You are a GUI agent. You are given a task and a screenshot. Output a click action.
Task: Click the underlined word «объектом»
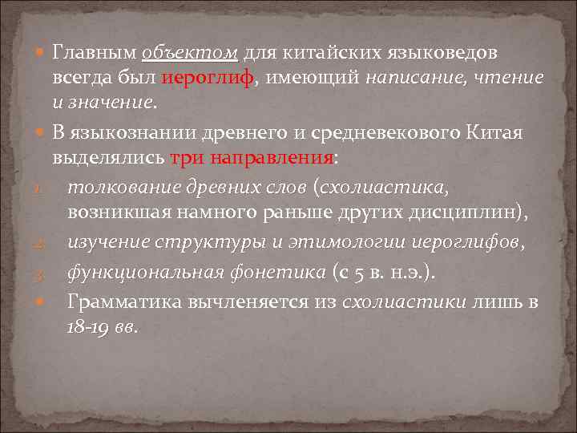[x=190, y=54]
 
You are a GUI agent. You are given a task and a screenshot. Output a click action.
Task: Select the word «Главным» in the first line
[x=95, y=54]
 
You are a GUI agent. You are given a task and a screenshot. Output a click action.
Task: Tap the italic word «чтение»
[x=510, y=79]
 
